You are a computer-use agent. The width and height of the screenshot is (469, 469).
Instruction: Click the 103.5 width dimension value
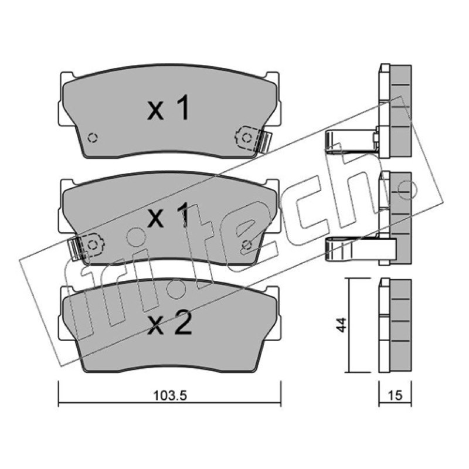pyautogui.click(x=169, y=396)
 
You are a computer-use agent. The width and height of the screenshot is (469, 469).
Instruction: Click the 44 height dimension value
pyautogui.click(x=342, y=325)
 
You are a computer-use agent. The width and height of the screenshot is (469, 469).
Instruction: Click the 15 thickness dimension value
pyautogui.click(x=395, y=395)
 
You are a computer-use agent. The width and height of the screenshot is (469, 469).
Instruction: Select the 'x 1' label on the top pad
pyautogui.click(x=168, y=108)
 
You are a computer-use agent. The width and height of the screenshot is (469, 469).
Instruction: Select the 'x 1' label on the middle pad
pyautogui.click(x=168, y=215)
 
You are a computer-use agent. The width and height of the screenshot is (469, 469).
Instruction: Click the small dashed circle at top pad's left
pyautogui.click(x=93, y=138)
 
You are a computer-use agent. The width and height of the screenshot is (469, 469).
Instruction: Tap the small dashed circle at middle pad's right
pyautogui.click(x=246, y=245)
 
